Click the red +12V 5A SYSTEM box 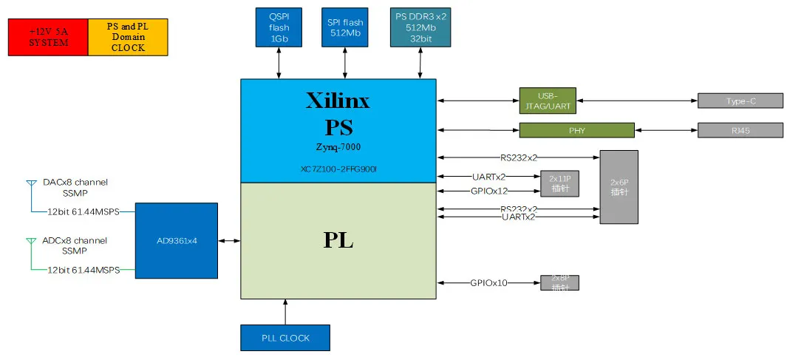pyautogui.click(x=48, y=37)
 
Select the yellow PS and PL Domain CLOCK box pyautogui.click(x=128, y=37)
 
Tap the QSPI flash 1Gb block pyautogui.click(x=279, y=28)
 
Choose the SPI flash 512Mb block pyautogui.click(x=345, y=28)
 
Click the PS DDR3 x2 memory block pyautogui.click(x=420, y=28)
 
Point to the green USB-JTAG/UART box pyautogui.click(x=547, y=101)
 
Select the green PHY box pyautogui.click(x=576, y=130)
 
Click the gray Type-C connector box pyautogui.click(x=740, y=101)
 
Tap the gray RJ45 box pyautogui.click(x=740, y=130)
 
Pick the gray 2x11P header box pyautogui.click(x=559, y=183)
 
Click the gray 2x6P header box pyautogui.click(x=619, y=187)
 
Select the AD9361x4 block pyautogui.click(x=177, y=241)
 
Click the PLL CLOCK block pyautogui.click(x=285, y=338)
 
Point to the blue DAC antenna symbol pyautogui.click(x=31, y=183)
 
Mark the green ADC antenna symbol pyautogui.click(x=31, y=241)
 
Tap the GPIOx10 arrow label pyautogui.click(x=489, y=282)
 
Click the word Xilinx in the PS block pyautogui.click(x=338, y=101)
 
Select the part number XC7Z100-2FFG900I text pyautogui.click(x=338, y=169)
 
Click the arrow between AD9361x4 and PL pyautogui.click(x=229, y=240)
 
